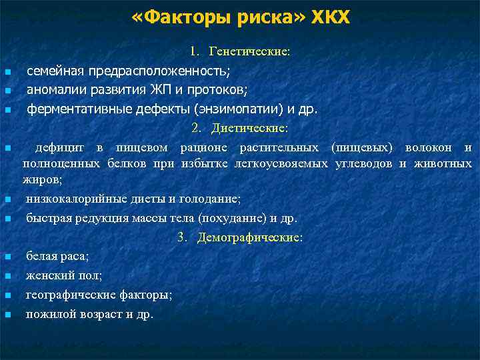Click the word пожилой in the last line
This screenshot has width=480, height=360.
click(x=48, y=313)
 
